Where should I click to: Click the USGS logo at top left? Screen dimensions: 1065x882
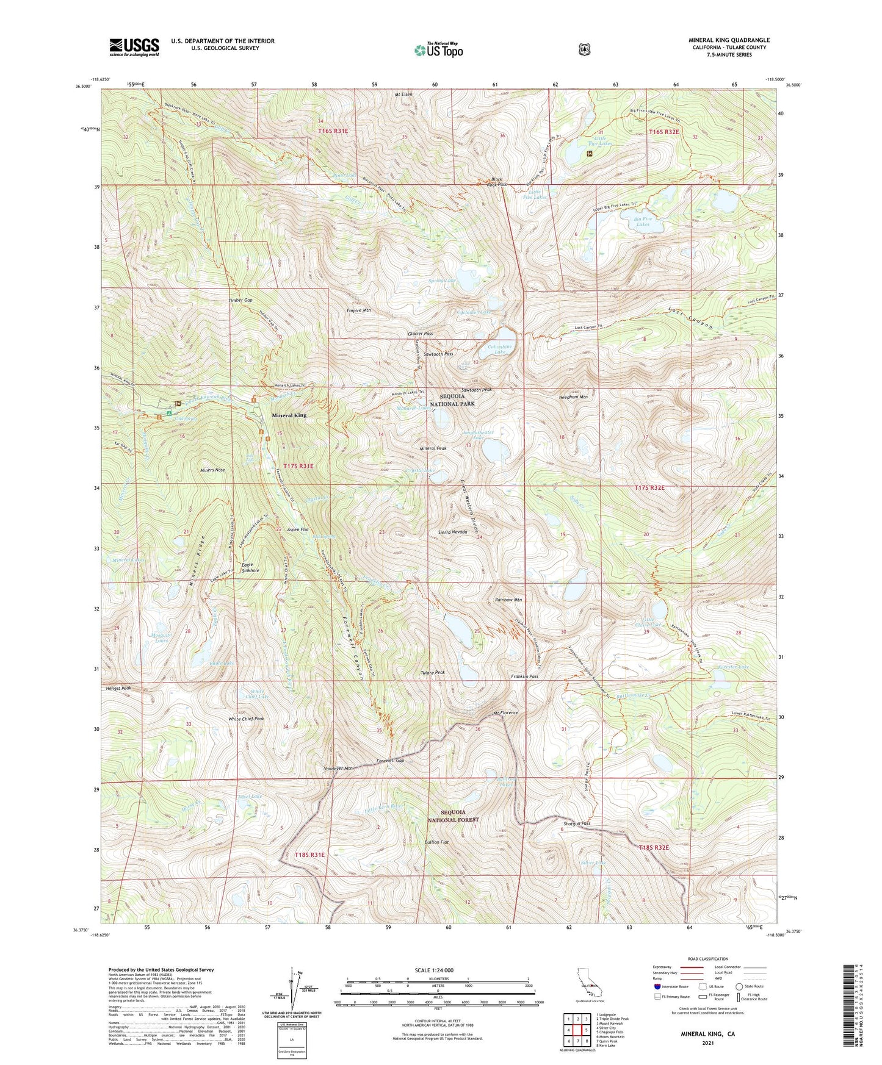pos(134,47)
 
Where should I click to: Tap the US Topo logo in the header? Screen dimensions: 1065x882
pos(438,50)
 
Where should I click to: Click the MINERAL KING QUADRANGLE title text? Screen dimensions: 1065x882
pos(729,40)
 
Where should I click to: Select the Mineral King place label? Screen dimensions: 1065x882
pos(289,415)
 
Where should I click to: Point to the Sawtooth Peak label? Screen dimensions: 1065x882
pos(477,389)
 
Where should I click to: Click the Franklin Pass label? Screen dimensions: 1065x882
pos(524,676)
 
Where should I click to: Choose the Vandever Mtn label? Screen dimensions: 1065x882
pos(339,769)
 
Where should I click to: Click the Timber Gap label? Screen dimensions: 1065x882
pos(240,301)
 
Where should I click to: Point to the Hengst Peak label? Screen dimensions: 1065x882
pos(118,688)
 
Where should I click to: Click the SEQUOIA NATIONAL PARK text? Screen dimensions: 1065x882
pos(457,401)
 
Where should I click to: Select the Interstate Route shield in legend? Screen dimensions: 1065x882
pos(657,986)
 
